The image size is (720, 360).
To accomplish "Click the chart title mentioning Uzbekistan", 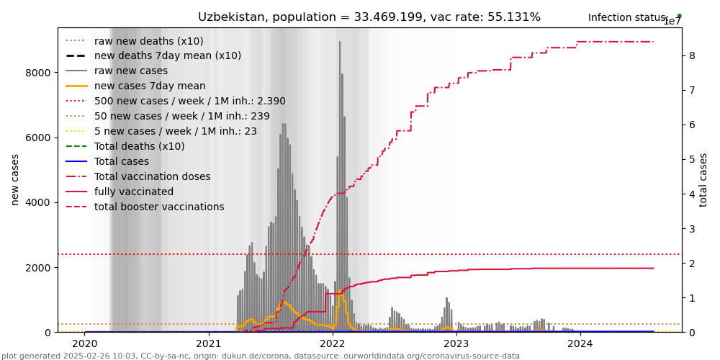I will tap(369, 17).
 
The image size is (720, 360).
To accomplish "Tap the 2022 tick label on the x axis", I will tap(333, 344).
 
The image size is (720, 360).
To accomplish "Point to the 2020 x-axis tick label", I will tap(85, 344).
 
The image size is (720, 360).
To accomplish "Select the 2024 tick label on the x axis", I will tap(580, 344).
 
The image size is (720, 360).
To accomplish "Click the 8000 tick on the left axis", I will tap(38, 73).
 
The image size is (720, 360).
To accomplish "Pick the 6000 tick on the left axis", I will tap(38, 138).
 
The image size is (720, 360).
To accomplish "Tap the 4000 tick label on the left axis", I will tap(38, 202).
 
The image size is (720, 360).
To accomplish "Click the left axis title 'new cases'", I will tap(15, 179).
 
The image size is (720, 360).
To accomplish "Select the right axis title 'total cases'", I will tap(703, 179).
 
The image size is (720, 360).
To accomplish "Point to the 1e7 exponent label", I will tap(672, 22).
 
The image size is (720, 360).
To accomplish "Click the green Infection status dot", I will tap(679, 16).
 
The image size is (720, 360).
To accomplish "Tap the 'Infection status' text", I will tap(627, 18).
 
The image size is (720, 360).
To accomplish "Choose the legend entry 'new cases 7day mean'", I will tap(150, 86).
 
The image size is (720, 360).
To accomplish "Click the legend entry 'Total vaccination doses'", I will tap(152, 177).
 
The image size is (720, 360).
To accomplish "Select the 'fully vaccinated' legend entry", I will tap(133, 192).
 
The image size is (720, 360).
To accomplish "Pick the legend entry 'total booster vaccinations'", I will tap(159, 207).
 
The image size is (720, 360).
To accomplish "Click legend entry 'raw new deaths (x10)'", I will tap(148, 41).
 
